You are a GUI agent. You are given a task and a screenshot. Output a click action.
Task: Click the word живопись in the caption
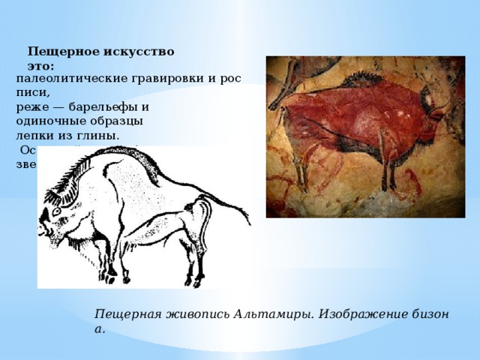[193, 315]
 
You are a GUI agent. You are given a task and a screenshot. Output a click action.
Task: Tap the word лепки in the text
[33, 136]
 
